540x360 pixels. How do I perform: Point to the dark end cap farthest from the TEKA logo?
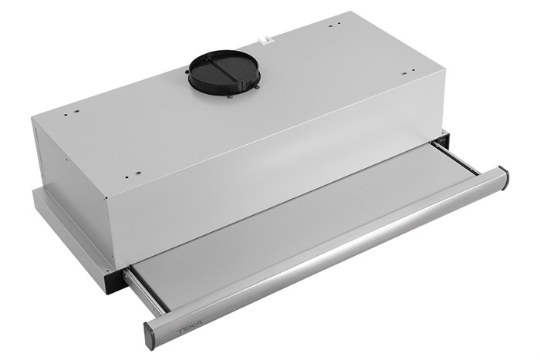(x=504, y=179)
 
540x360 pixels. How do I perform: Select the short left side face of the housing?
(x=73, y=181)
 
